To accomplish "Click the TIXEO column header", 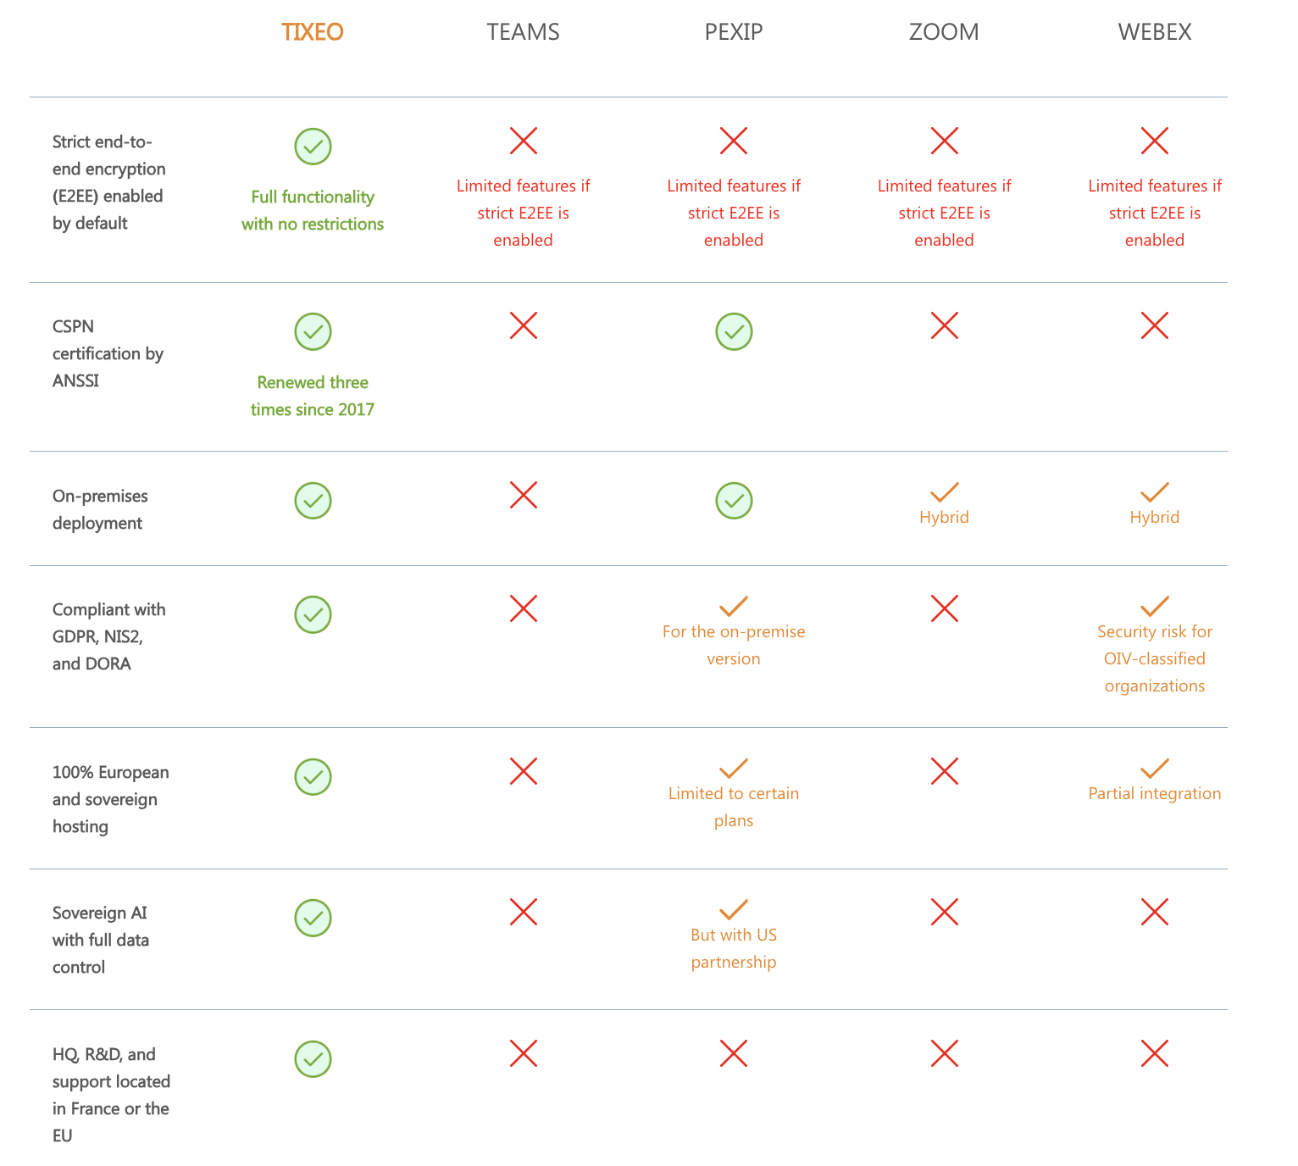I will point(312,32).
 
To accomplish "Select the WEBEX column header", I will point(1154,32).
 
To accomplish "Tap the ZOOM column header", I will point(944,32).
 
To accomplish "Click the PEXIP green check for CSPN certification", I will point(734,331).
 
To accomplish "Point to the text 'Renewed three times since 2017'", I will point(313,396).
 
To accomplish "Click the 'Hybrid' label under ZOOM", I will point(944,517).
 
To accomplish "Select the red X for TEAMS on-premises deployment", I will point(524,495).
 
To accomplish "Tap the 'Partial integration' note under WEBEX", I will point(1154,793).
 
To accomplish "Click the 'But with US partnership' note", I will point(734,948).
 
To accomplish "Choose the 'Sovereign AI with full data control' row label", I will point(101,940).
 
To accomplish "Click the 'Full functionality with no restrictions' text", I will point(313,210).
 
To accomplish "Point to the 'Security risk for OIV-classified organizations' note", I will point(1154,658).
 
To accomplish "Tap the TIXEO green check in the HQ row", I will point(313,1058).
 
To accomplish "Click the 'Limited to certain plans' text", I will point(734,807).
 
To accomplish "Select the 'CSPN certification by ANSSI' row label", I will point(108,353).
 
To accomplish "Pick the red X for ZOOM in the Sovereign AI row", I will point(944,913).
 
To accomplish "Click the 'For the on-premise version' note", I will point(734,645).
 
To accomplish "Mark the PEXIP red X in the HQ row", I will point(734,1054).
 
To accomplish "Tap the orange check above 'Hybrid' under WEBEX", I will point(1154,492).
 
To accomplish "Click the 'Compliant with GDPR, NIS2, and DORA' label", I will point(108,636).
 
